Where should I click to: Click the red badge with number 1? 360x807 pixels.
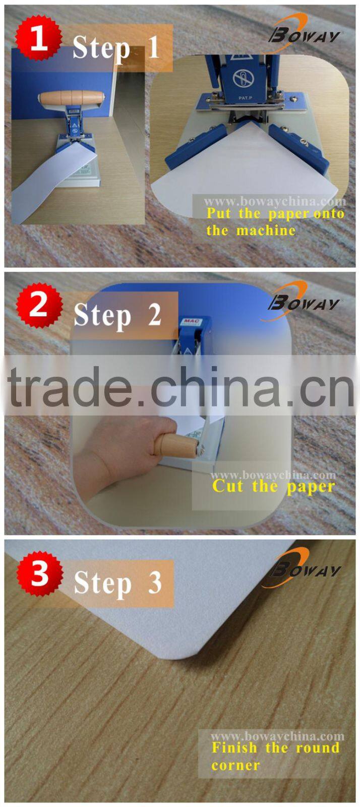(38, 38)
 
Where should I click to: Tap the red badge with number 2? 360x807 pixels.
(39, 305)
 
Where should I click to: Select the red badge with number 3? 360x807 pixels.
(39, 573)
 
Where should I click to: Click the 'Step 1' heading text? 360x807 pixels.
(116, 48)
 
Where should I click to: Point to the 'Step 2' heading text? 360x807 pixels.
(117, 316)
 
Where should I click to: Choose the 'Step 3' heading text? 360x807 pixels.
(117, 583)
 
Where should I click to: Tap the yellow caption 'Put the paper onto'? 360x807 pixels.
(275, 213)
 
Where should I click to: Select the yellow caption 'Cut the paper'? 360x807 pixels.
(273, 487)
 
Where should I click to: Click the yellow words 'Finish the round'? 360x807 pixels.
(275, 747)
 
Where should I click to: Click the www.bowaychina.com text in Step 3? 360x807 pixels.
(277, 736)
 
